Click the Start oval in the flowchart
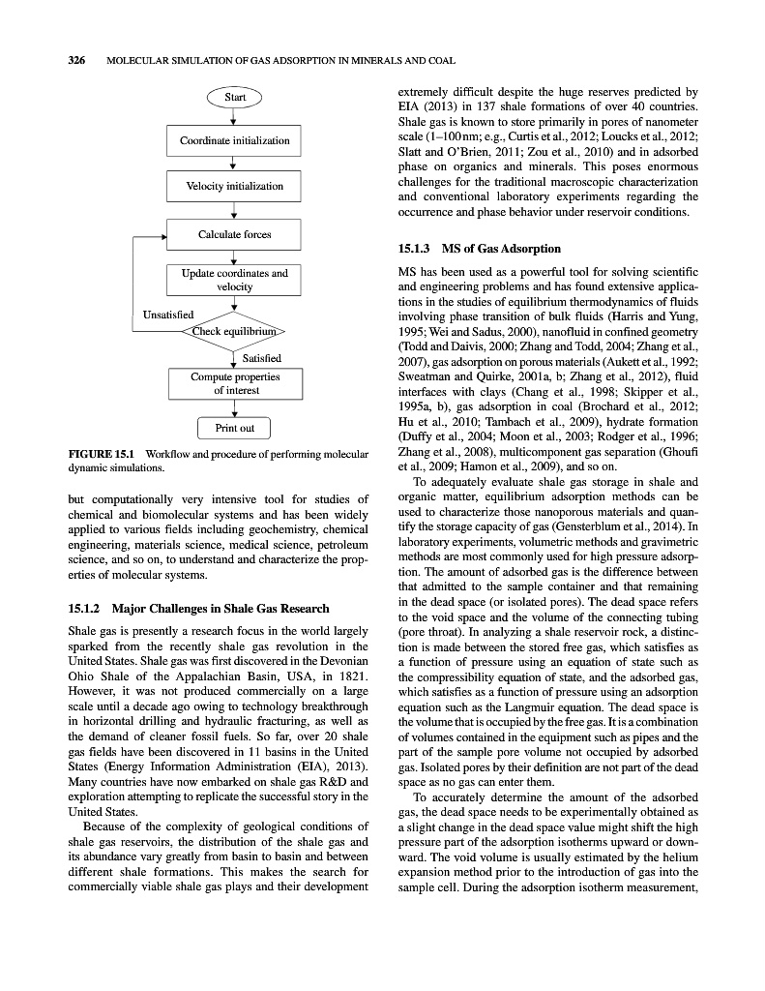click(234, 97)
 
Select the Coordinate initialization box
click(234, 140)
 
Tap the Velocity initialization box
click(234, 186)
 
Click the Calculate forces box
click(234, 234)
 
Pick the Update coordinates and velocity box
click(234, 280)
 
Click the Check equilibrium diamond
click(234, 332)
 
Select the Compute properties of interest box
click(234, 383)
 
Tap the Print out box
click(234, 428)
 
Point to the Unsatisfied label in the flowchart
click(168, 315)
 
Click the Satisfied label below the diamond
click(261, 358)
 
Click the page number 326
click(77, 61)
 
